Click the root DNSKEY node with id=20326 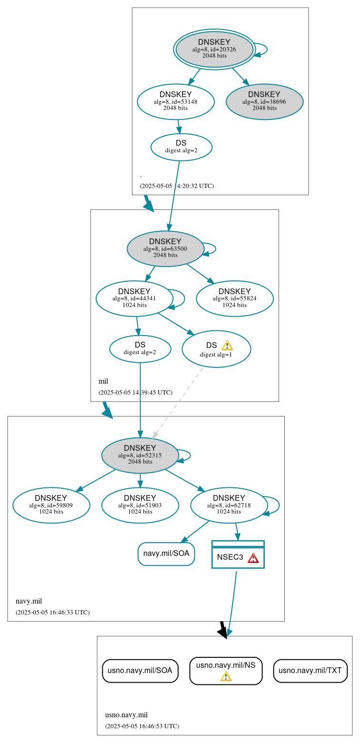pyautogui.click(x=214, y=49)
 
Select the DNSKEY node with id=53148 pyautogui.click(x=176, y=102)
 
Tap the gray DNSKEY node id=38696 pyautogui.click(x=264, y=102)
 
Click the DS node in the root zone pyautogui.click(x=181, y=147)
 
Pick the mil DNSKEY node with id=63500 pyautogui.click(x=165, y=248)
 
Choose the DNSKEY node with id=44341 pyautogui.click(x=134, y=299)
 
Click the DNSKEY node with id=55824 pyautogui.click(x=235, y=299)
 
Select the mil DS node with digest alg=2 pyautogui.click(x=140, y=349)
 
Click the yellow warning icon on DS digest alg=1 pyautogui.click(x=227, y=346)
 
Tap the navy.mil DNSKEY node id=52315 pyautogui.click(x=140, y=456)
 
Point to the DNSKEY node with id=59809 pyautogui.click(x=51, y=505)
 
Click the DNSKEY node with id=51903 pyautogui.click(x=140, y=505)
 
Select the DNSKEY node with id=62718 pyautogui.click(x=229, y=505)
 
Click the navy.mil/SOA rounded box pyautogui.click(x=166, y=554)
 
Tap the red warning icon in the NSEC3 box pyautogui.click(x=253, y=558)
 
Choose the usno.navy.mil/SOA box pyautogui.click(x=140, y=671)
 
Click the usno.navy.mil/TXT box pyautogui.click(x=310, y=671)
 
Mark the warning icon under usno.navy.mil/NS pyautogui.click(x=226, y=676)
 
